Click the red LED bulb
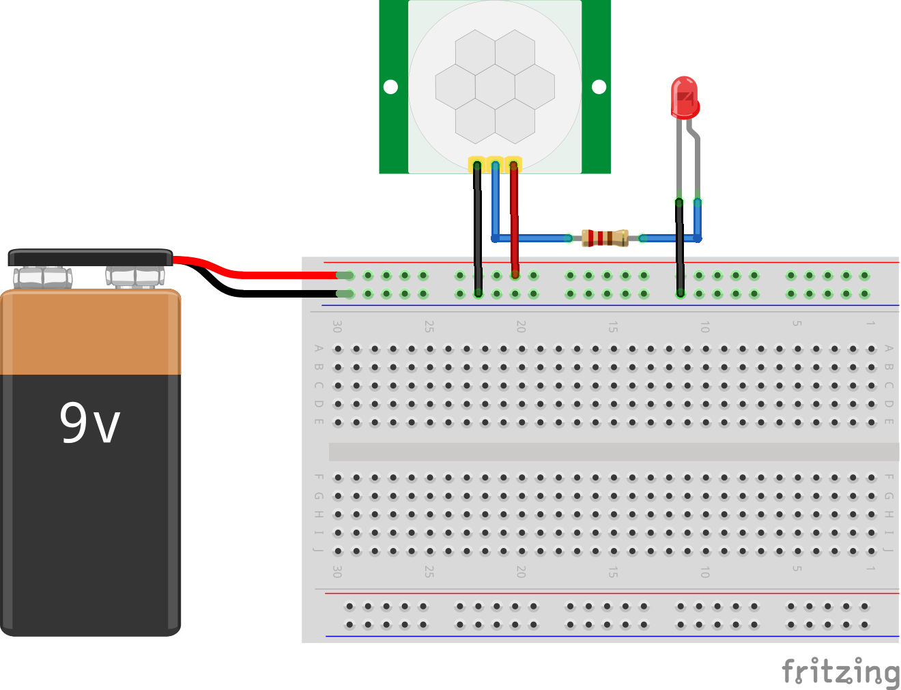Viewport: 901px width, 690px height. (x=685, y=98)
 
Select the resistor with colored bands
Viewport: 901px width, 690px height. (x=605, y=238)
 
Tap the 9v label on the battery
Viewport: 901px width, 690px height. (x=89, y=423)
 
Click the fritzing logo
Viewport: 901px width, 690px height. (x=840, y=672)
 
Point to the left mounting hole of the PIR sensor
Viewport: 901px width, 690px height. (x=391, y=87)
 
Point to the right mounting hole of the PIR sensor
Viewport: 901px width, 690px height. (x=599, y=87)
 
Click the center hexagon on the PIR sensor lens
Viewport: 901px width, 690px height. (x=495, y=87)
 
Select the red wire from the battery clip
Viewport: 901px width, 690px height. (x=273, y=274)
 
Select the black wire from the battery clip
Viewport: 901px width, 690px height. (x=273, y=293)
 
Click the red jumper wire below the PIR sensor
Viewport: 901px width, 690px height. (x=514, y=218)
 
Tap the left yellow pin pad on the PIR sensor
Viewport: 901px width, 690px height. (x=476, y=164)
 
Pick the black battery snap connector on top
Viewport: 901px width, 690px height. (x=90, y=257)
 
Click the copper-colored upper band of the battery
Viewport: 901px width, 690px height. (x=90, y=333)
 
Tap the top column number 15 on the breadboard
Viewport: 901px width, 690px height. (x=613, y=328)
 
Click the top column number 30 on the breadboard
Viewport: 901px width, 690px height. (x=337, y=327)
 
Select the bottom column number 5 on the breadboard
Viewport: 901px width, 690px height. (x=797, y=568)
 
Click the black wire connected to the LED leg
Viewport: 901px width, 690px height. (x=680, y=246)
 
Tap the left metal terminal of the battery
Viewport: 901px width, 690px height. (x=43, y=277)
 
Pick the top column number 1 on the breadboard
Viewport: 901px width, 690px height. (x=870, y=323)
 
